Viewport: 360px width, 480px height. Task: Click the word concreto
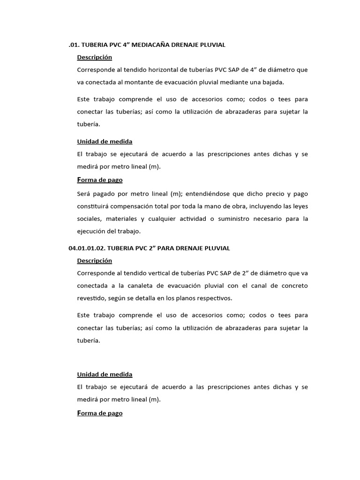point(293,285)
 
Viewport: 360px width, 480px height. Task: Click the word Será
point(84,194)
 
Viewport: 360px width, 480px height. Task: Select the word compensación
point(135,206)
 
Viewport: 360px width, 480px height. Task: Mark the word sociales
point(88,219)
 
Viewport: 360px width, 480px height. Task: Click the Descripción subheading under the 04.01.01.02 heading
point(95,261)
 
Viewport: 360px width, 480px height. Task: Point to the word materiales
point(122,219)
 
